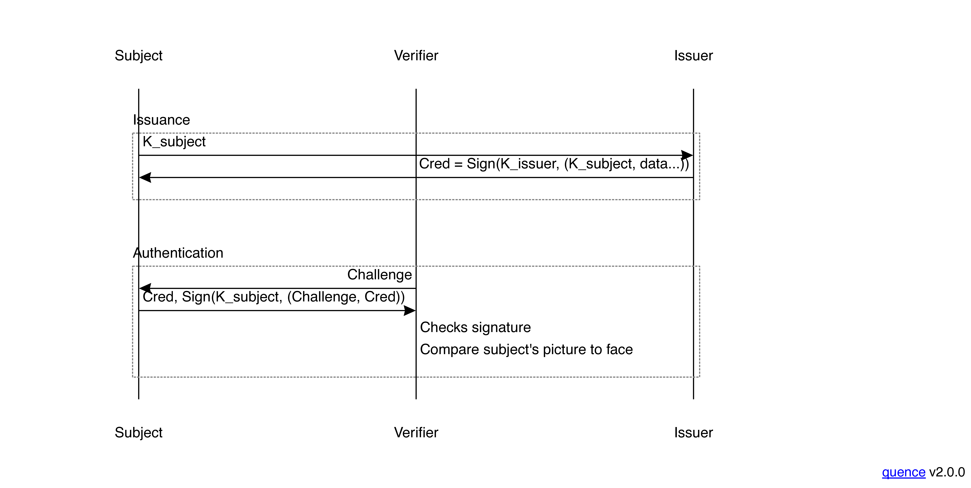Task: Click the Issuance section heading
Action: [x=161, y=120]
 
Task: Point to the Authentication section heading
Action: [x=178, y=253]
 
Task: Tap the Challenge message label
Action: [x=379, y=275]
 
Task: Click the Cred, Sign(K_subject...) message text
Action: [x=273, y=297]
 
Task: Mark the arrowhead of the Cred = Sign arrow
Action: [x=145, y=178]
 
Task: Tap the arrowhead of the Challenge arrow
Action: [x=145, y=288]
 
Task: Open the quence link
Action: [x=903, y=472]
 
